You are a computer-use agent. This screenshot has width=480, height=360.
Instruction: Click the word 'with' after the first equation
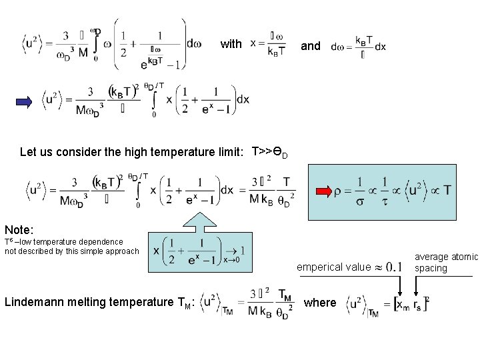click(x=231, y=45)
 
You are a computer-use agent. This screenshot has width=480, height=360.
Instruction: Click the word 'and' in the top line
click(x=311, y=45)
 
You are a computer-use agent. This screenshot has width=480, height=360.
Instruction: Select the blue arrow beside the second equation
click(x=25, y=101)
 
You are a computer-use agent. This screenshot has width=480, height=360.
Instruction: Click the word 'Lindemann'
click(x=33, y=302)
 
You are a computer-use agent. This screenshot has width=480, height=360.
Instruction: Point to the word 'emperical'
click(x=321, y=267)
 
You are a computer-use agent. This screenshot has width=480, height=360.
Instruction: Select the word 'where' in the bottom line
click(x=320, y=302)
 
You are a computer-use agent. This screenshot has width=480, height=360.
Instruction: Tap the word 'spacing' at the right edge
click(x=430, y=268)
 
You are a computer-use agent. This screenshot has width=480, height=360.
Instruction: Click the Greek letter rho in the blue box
click(x=339, y=192)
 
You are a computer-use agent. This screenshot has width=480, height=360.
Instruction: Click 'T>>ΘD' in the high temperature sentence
click(x=269, y=153)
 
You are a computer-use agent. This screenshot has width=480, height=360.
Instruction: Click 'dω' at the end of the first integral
click(x=193, y=44)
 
